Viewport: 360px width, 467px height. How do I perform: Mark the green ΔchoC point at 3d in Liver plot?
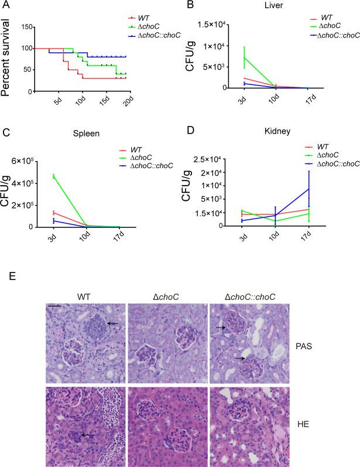pos(228,57)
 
